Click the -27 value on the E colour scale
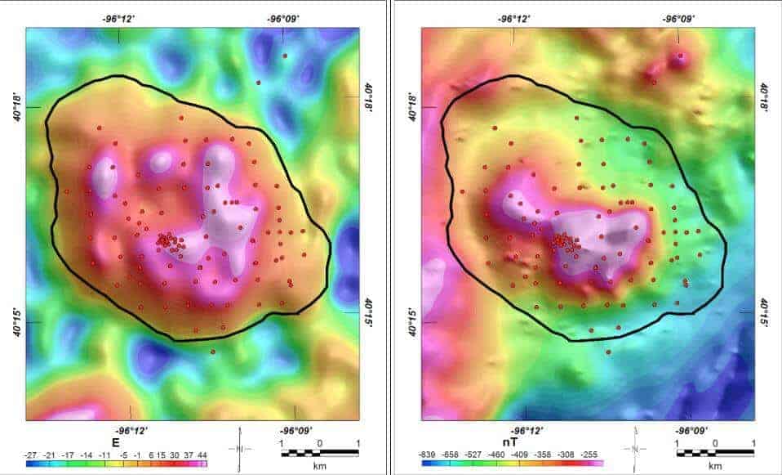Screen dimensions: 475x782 (x=33, y=454)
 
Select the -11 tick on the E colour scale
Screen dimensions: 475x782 (x=104, y=454)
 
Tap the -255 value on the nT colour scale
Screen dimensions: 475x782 (x=590, y=454)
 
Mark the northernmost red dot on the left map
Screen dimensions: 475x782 (x=285, y=56)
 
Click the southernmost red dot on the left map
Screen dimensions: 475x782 (x=213, y=352)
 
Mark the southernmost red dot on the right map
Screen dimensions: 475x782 (x=608, y=352)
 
